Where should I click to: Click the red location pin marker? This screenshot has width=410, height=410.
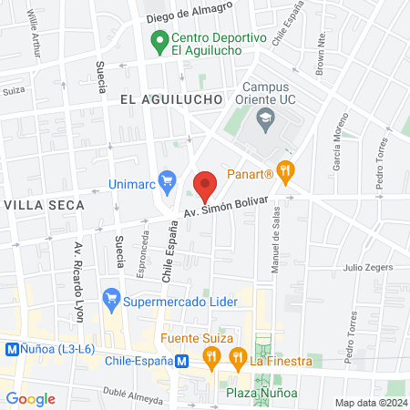(x=205, y=185)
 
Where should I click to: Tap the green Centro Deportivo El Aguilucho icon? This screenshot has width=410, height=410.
(x=159, y=40)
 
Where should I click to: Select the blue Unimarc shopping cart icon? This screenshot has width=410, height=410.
(x=167, y=181)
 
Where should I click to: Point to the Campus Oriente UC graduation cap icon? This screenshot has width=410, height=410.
(x=265, y=117)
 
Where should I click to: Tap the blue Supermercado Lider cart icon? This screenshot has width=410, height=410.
(x=111, y=298)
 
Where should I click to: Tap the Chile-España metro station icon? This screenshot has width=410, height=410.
(x=182, y=360)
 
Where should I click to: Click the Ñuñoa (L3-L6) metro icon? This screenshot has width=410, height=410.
(x=13, y=348)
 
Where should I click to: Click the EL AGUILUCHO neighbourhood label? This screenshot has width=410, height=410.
(x=171, y=97)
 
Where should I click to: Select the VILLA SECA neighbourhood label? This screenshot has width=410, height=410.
(x=43, y=205)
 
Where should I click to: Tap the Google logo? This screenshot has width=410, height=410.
(x=31, y=398)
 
